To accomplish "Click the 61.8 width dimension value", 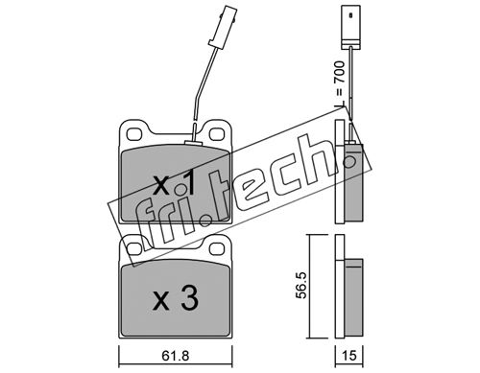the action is [x=176, y=356].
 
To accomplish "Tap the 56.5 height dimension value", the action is [x=300, y=286].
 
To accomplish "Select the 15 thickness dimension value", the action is [x=349, y=356].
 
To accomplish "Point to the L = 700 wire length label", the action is [x=339, y=83].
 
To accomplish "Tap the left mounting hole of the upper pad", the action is [x=134, y=134].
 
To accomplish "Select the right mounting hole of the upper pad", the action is [x=218, y=134].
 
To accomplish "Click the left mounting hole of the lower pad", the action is [x=134, y=248].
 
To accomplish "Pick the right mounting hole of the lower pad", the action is [x=218, y=248].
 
